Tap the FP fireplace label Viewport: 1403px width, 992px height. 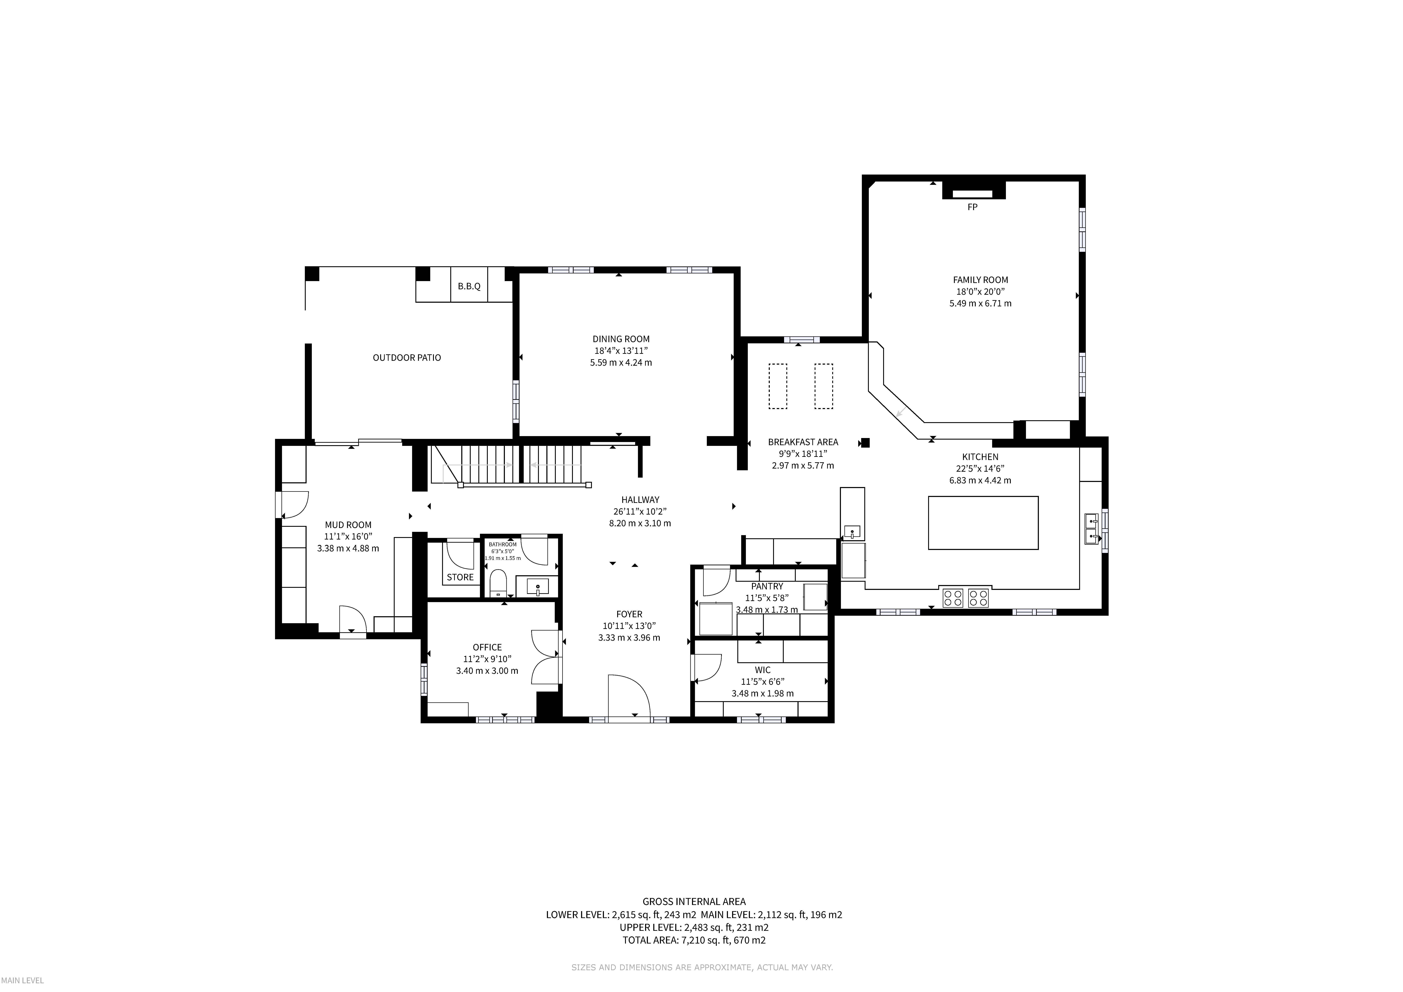tap(972, 207)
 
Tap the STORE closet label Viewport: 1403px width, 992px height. tap(460, 577)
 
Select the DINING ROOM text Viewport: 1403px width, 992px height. tap(621, 339)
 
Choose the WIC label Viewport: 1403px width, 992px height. tap(763, 670)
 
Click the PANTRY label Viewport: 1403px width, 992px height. tap(767, 586)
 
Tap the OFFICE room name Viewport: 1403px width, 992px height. tap(487, 647)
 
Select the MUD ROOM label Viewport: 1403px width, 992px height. tap(348, 525)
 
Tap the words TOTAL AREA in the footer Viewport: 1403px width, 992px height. tap(650, 940)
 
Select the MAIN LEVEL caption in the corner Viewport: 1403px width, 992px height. tap(22, 980)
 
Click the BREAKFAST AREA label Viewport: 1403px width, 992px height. tap(803, 442)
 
